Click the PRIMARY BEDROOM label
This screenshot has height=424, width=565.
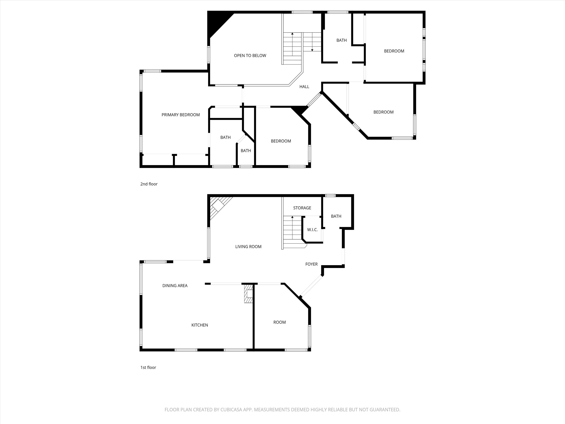click(x=181, y=115)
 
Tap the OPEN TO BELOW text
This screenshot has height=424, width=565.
click(x=250, y=55)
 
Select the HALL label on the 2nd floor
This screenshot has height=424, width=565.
click(x=304, y=87)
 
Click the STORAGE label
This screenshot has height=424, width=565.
click(x=302, y=208)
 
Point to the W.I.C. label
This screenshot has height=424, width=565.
click(x=312, y=230)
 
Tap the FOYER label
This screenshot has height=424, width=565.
click(x=311, y=264)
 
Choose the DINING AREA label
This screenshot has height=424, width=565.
click(x=175, y=285)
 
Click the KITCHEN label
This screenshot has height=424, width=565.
click(x=200, y=325)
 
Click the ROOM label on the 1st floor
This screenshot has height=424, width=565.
click(x=279, y=322)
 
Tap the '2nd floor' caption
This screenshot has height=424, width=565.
click(x=149, y=184)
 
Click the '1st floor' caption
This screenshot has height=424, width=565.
click(x=148, y=367)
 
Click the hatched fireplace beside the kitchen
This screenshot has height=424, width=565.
click(x=248, y=294)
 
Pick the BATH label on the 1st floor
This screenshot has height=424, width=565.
click(x=336, y=216)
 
